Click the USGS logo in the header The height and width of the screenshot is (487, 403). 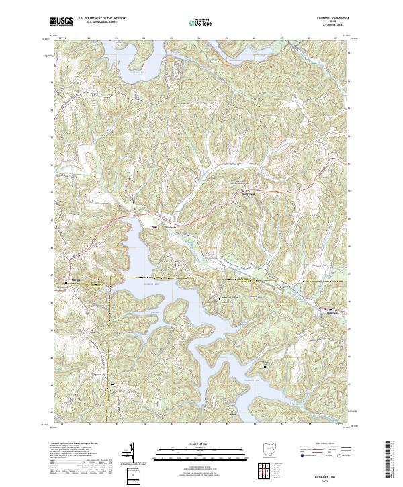click(x=61, y=21)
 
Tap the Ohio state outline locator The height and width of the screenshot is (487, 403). click(x=270, y=448)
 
